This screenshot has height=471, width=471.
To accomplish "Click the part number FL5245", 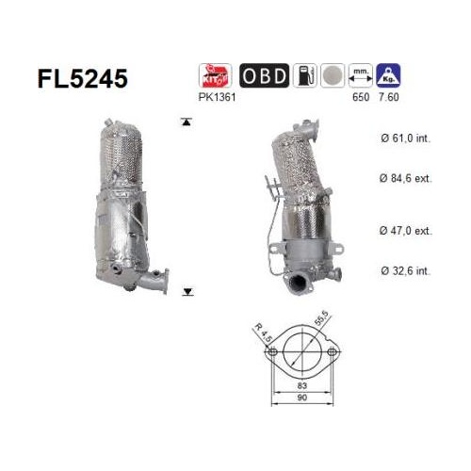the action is (83, 78).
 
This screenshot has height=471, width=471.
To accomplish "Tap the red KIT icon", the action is (216, 75).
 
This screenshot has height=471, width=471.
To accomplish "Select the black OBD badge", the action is (264, 75).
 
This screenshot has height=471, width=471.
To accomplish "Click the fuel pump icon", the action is (305, 75).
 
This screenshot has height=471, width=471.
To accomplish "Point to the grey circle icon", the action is (333, 75).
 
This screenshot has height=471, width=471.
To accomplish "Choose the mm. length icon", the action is (361, 75).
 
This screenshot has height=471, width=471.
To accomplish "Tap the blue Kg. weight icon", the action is (388, 75).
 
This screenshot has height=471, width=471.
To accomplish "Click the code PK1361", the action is (217, 97).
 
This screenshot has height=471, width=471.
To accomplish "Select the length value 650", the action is (361, 97).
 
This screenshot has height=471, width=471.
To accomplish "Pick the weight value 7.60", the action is (389, 97).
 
